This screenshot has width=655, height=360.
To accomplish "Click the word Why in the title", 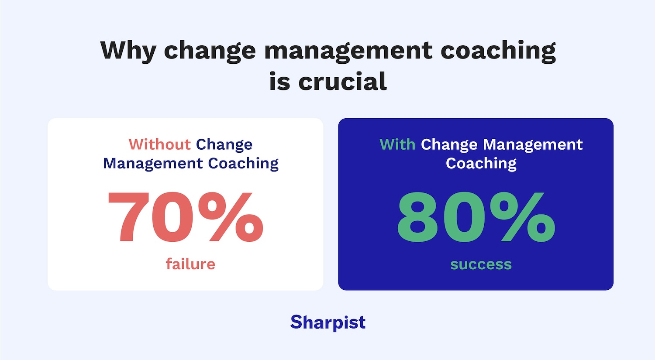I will [x=128, y=51].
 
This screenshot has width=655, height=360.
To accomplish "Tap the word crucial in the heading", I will [x=342, y=82].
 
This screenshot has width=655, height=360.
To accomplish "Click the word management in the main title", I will [x=348, y=51].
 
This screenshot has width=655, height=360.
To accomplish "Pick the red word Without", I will [x=159, y=144].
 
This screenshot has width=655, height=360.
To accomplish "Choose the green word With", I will [x=397, y=144].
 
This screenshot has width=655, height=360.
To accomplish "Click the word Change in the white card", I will [x=224, y=144].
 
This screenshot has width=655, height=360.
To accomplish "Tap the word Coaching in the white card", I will [x=243, y=163].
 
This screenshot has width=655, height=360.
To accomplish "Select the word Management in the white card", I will [x=153, y=163].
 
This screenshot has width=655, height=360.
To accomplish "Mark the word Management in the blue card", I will [x=533, y=144].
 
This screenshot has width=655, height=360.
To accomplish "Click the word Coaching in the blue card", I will [x=481, y=163].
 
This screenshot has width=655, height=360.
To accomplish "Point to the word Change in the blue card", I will [x=449, y=144].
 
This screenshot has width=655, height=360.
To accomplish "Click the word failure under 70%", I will [x=190, y=264].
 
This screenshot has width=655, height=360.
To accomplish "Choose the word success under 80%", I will [x=481, y=264].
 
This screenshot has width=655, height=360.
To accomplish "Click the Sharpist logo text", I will [x=328, y=322].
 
